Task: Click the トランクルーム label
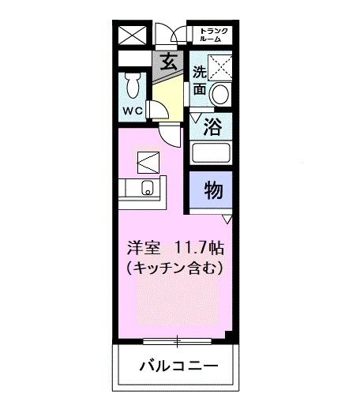(x=212, y=35)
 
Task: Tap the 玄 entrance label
(x=168, y=62)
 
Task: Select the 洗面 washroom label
(x=200, y=81)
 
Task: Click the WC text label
(x=131, y=111)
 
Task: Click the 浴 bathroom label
(x=212, y=125)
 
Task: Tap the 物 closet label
(x=212, y=190)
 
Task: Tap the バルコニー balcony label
(x=177, y=367)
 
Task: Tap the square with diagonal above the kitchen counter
(x=148, y=162)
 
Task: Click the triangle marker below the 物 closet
(x=227, y=218)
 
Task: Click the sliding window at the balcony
(x=176, y=342)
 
